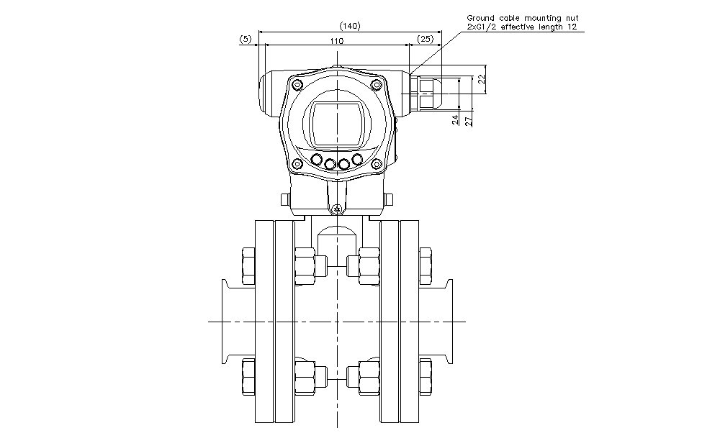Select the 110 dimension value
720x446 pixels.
point(336,41)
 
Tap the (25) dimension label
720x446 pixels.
point(425,40)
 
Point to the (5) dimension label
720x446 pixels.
point(246,40)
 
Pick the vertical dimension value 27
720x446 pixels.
point(469,120)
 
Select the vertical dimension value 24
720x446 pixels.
point(455,120)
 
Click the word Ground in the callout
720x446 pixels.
point(480,17)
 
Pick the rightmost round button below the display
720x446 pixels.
point(357,159)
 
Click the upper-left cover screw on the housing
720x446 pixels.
point(297,86)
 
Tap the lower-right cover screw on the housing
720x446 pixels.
point(377,165)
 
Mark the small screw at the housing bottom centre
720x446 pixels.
point(336,209)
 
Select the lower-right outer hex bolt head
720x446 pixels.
point(426,377)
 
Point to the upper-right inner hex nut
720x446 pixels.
point(368,265)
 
